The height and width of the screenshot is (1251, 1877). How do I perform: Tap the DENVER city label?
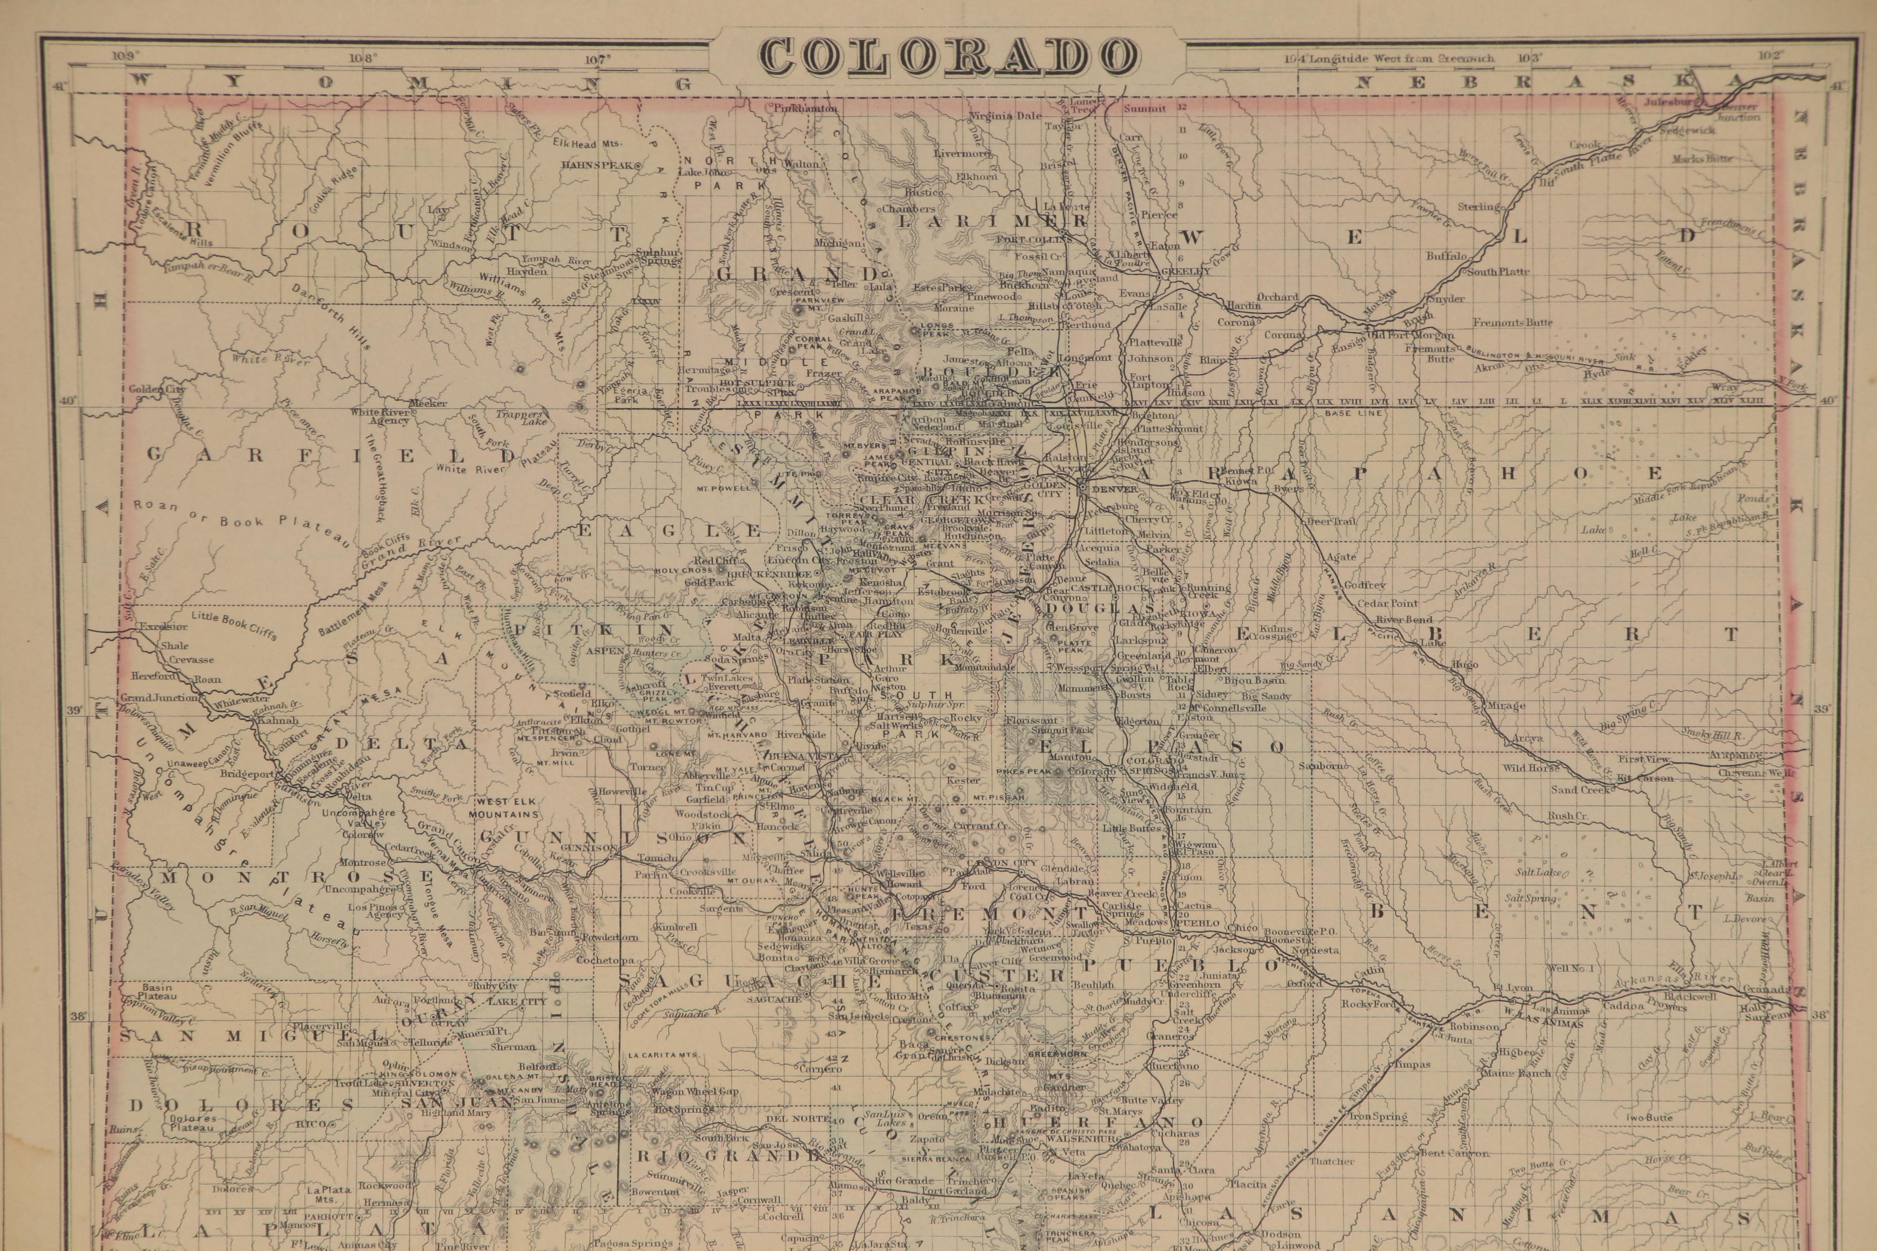(1114, 488)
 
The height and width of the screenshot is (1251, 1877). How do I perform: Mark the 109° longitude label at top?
(126, 56)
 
